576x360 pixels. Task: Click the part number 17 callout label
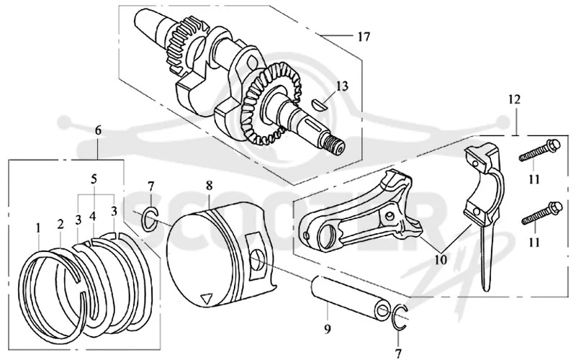click(364, 37)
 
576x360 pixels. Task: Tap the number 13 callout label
click(341, 86)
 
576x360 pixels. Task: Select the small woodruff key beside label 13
click(318, 103)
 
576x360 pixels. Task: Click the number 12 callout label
click(515, 99)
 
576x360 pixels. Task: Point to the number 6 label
click(98, 130)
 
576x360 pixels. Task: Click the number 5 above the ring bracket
click(94, 179)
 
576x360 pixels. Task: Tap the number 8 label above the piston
click(209, 186)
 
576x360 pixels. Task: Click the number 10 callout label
click(441, 260)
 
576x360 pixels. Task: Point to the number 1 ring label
click(38, 228)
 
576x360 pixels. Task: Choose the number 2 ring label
click(60, 224)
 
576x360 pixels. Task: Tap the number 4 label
click(93, 217)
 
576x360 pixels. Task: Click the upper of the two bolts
click(539, 150)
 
